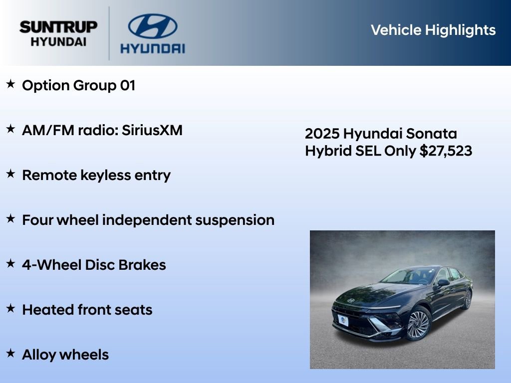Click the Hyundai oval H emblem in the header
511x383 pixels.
point(152,26)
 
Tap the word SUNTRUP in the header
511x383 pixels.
point(58,27)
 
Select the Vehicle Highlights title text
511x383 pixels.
point(433,30)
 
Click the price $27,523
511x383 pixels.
point(446,151)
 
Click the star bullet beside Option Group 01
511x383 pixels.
point(10,84)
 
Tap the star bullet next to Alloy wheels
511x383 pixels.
point(10,354)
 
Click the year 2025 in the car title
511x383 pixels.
point(322,134)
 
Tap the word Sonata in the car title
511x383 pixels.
point(431,134)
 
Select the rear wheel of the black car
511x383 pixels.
point(468,299)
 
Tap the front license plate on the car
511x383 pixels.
point(343,320)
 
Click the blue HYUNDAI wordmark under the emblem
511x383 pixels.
point(152,48)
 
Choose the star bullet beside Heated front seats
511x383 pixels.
point(10,309)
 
